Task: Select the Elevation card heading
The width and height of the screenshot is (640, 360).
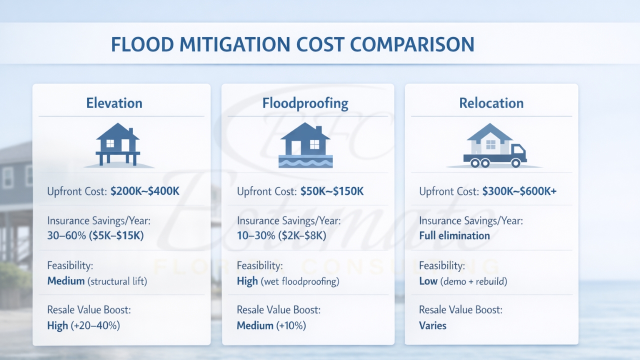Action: point(114,103)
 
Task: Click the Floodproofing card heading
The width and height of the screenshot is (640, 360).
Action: point(305,103)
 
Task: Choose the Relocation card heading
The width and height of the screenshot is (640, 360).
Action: point(491,103)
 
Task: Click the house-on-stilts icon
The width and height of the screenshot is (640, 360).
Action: point(118,145)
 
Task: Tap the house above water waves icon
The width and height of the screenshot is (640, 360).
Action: point(305,145)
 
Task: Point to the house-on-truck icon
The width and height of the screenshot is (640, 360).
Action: point(494,145)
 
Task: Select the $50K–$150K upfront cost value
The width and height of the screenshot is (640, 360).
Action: point(332,191)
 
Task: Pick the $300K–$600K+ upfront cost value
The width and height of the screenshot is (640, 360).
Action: point(519,191)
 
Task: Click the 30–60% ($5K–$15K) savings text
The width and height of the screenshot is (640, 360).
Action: point(95,235)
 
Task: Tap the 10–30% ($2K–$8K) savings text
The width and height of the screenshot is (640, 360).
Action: point(281,235)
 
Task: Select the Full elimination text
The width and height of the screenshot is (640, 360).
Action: point(454,235)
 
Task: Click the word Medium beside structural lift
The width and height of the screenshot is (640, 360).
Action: point(66,281)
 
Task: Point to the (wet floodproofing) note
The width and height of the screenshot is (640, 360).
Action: point(299,281)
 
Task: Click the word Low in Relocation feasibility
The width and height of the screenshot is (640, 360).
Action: point(428,281)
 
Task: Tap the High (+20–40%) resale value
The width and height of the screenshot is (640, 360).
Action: point(83,326)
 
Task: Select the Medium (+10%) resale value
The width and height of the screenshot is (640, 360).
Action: point(271,326)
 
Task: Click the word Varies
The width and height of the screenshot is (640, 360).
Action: point(432,326)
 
